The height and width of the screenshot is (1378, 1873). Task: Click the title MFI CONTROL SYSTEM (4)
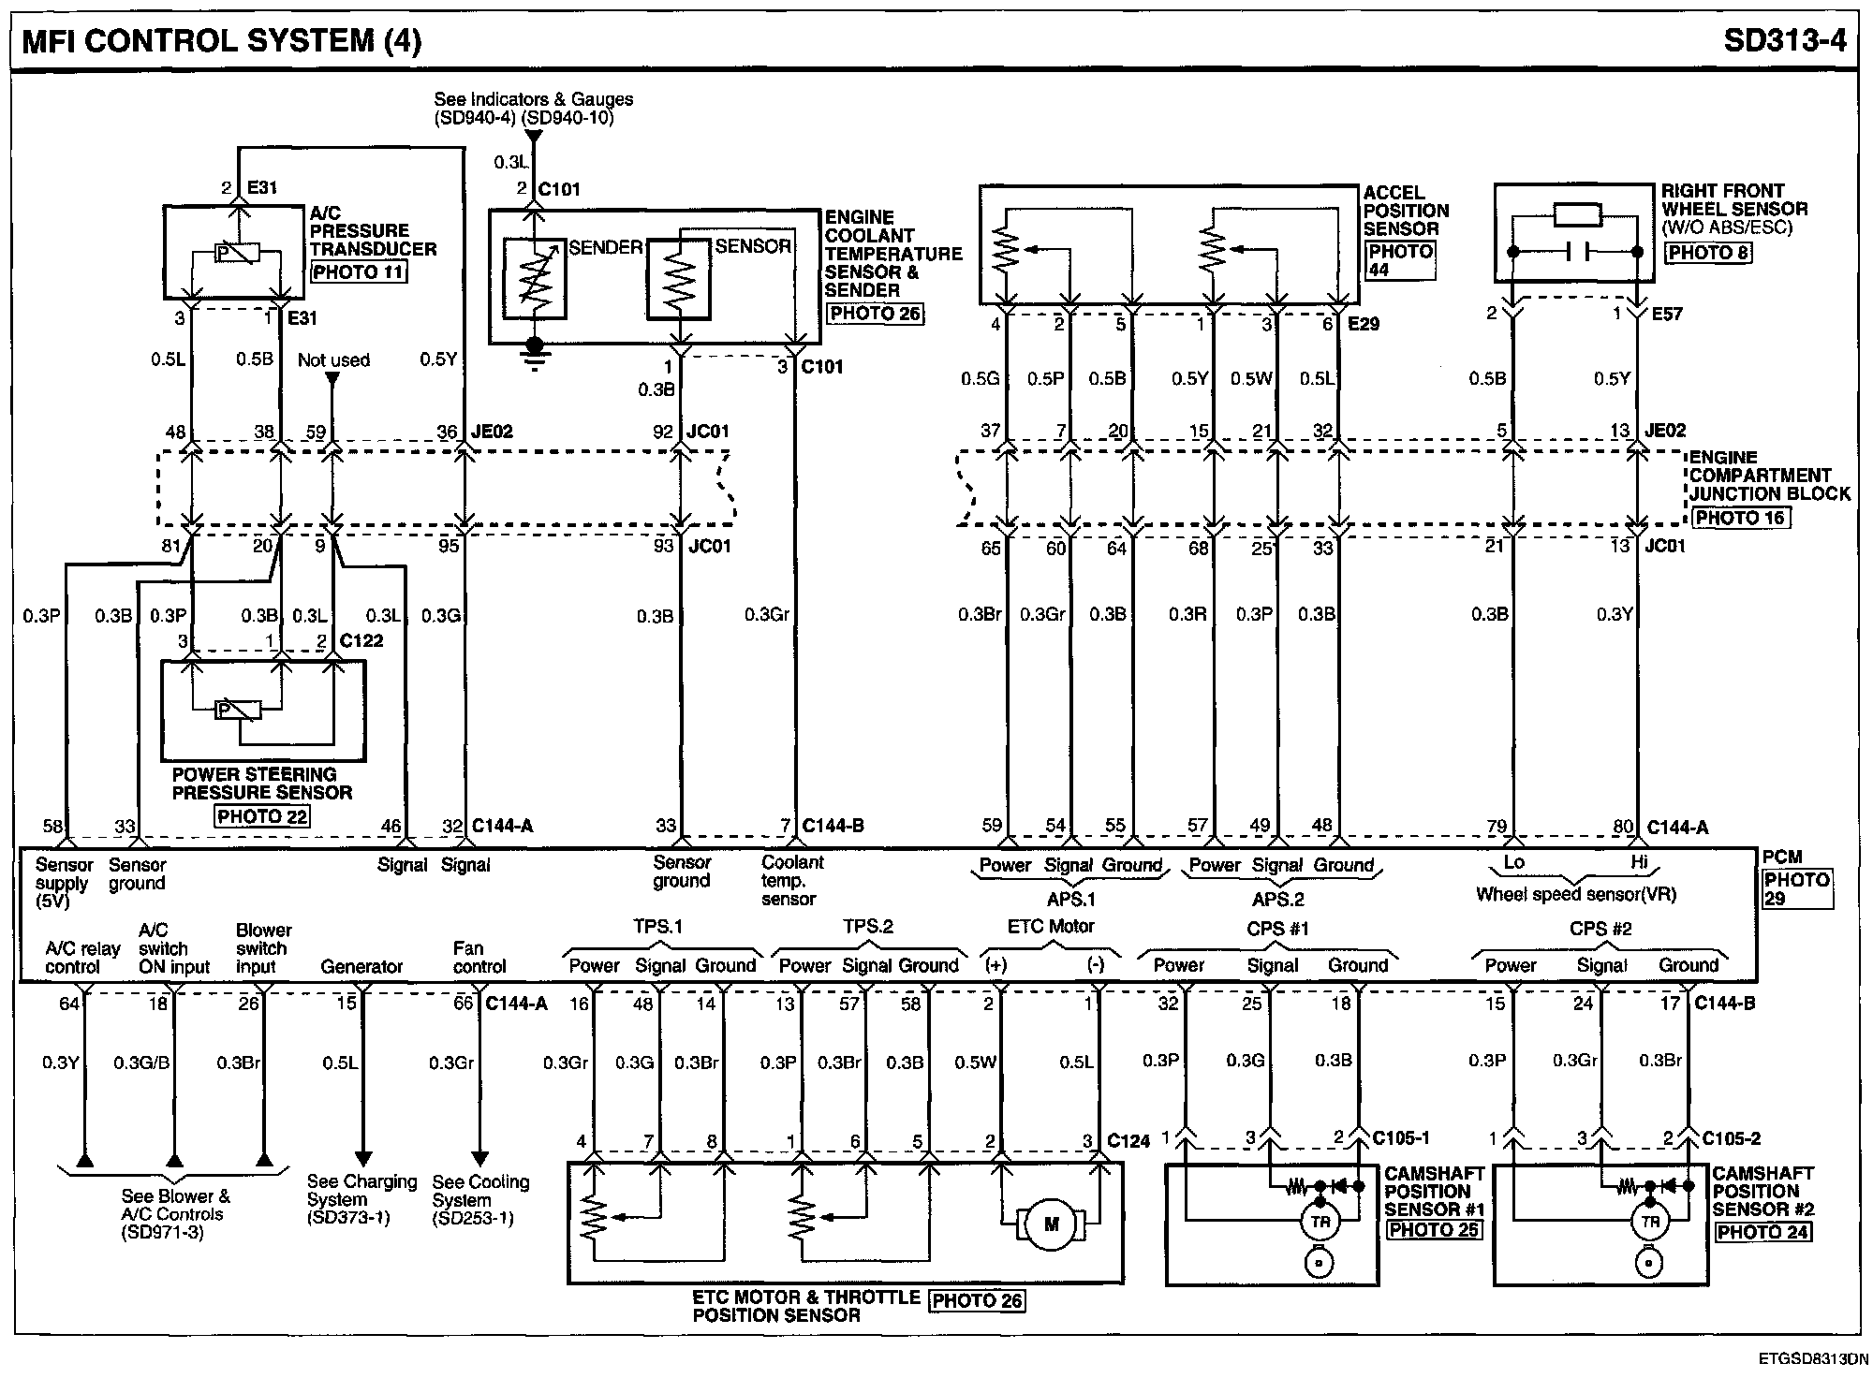(221, 41)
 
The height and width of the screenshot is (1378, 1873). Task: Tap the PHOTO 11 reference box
(359, 272)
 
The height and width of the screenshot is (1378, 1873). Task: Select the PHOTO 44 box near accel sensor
(1400, 260)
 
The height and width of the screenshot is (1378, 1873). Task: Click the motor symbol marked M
(1051, 1224)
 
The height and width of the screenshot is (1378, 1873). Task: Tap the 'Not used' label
(333, 360)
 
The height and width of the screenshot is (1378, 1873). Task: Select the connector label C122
(361, 640)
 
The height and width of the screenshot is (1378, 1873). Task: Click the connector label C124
(1128, 1140)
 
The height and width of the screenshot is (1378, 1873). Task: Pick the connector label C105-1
(1401, 1138)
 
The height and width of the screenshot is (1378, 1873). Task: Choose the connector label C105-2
(1731, 1138)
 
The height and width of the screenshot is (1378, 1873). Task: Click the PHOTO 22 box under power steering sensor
(262, 816)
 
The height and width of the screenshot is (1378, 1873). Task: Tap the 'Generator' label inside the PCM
(361, 966)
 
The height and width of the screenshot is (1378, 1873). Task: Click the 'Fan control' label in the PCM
(479, 957)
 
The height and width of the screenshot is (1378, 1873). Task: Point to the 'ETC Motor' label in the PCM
(1051, 927)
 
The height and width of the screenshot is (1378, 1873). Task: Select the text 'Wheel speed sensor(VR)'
(1576, 894)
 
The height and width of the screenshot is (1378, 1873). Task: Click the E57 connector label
(1667, 315)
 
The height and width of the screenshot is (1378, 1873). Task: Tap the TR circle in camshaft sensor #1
(1320, 1221)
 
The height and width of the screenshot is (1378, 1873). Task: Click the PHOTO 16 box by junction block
(1740, 518)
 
